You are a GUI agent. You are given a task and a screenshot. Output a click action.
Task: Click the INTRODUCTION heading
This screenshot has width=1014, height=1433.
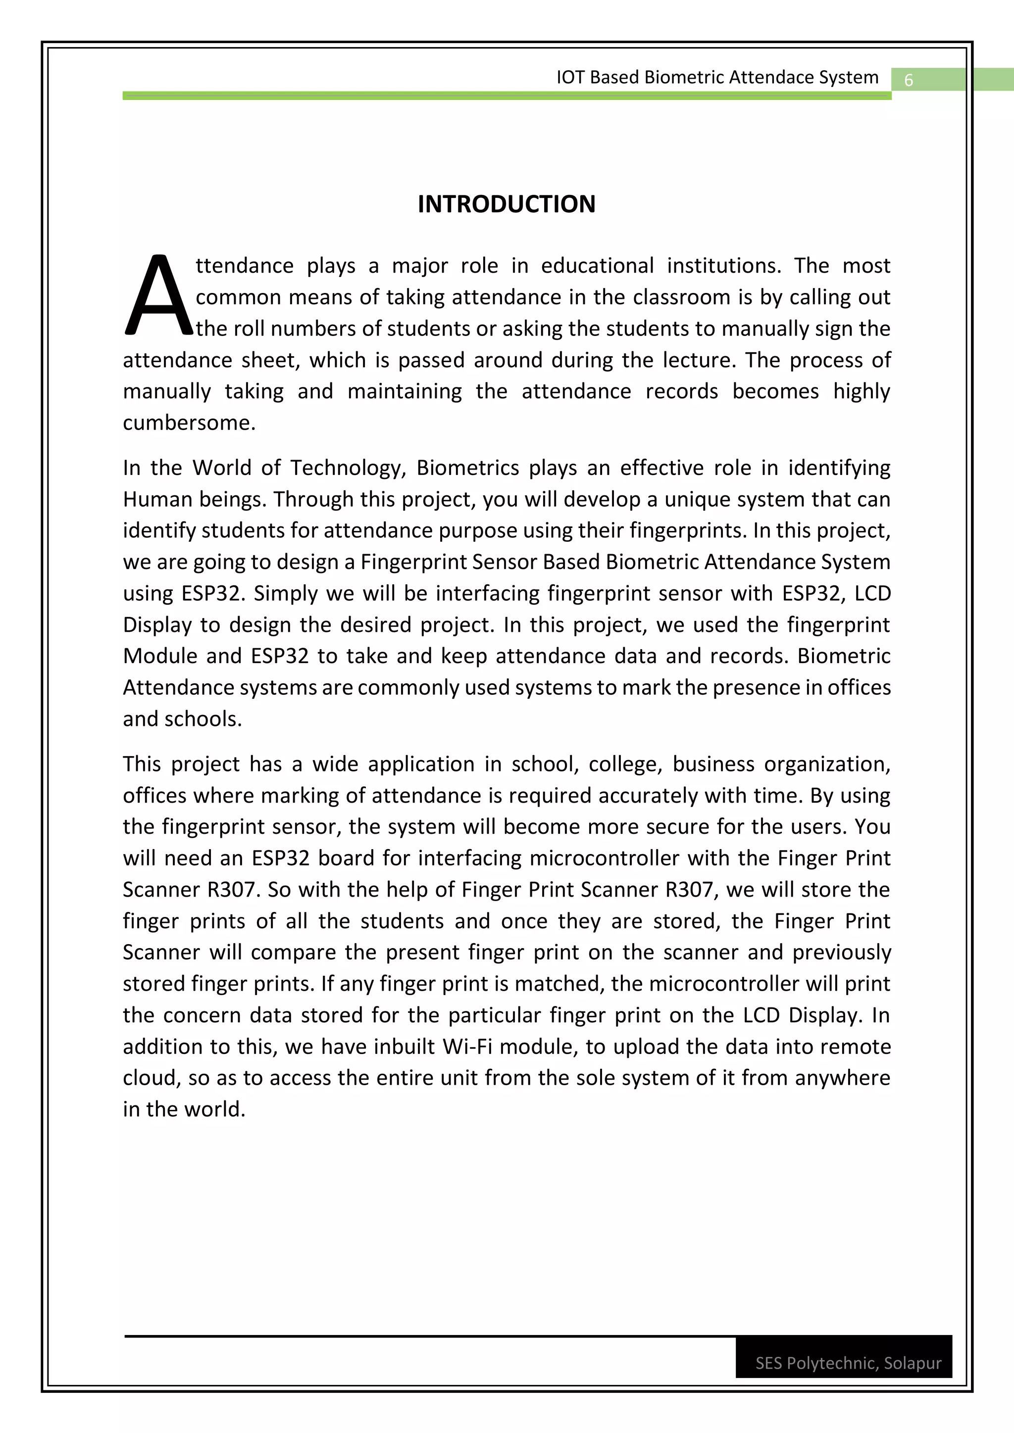click(x=507, y=204)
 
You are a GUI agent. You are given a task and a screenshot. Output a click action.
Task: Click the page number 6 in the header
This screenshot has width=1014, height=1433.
click(x=909, y=80)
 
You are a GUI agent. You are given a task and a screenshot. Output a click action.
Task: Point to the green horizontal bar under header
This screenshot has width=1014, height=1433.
click(x=507, y=96)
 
